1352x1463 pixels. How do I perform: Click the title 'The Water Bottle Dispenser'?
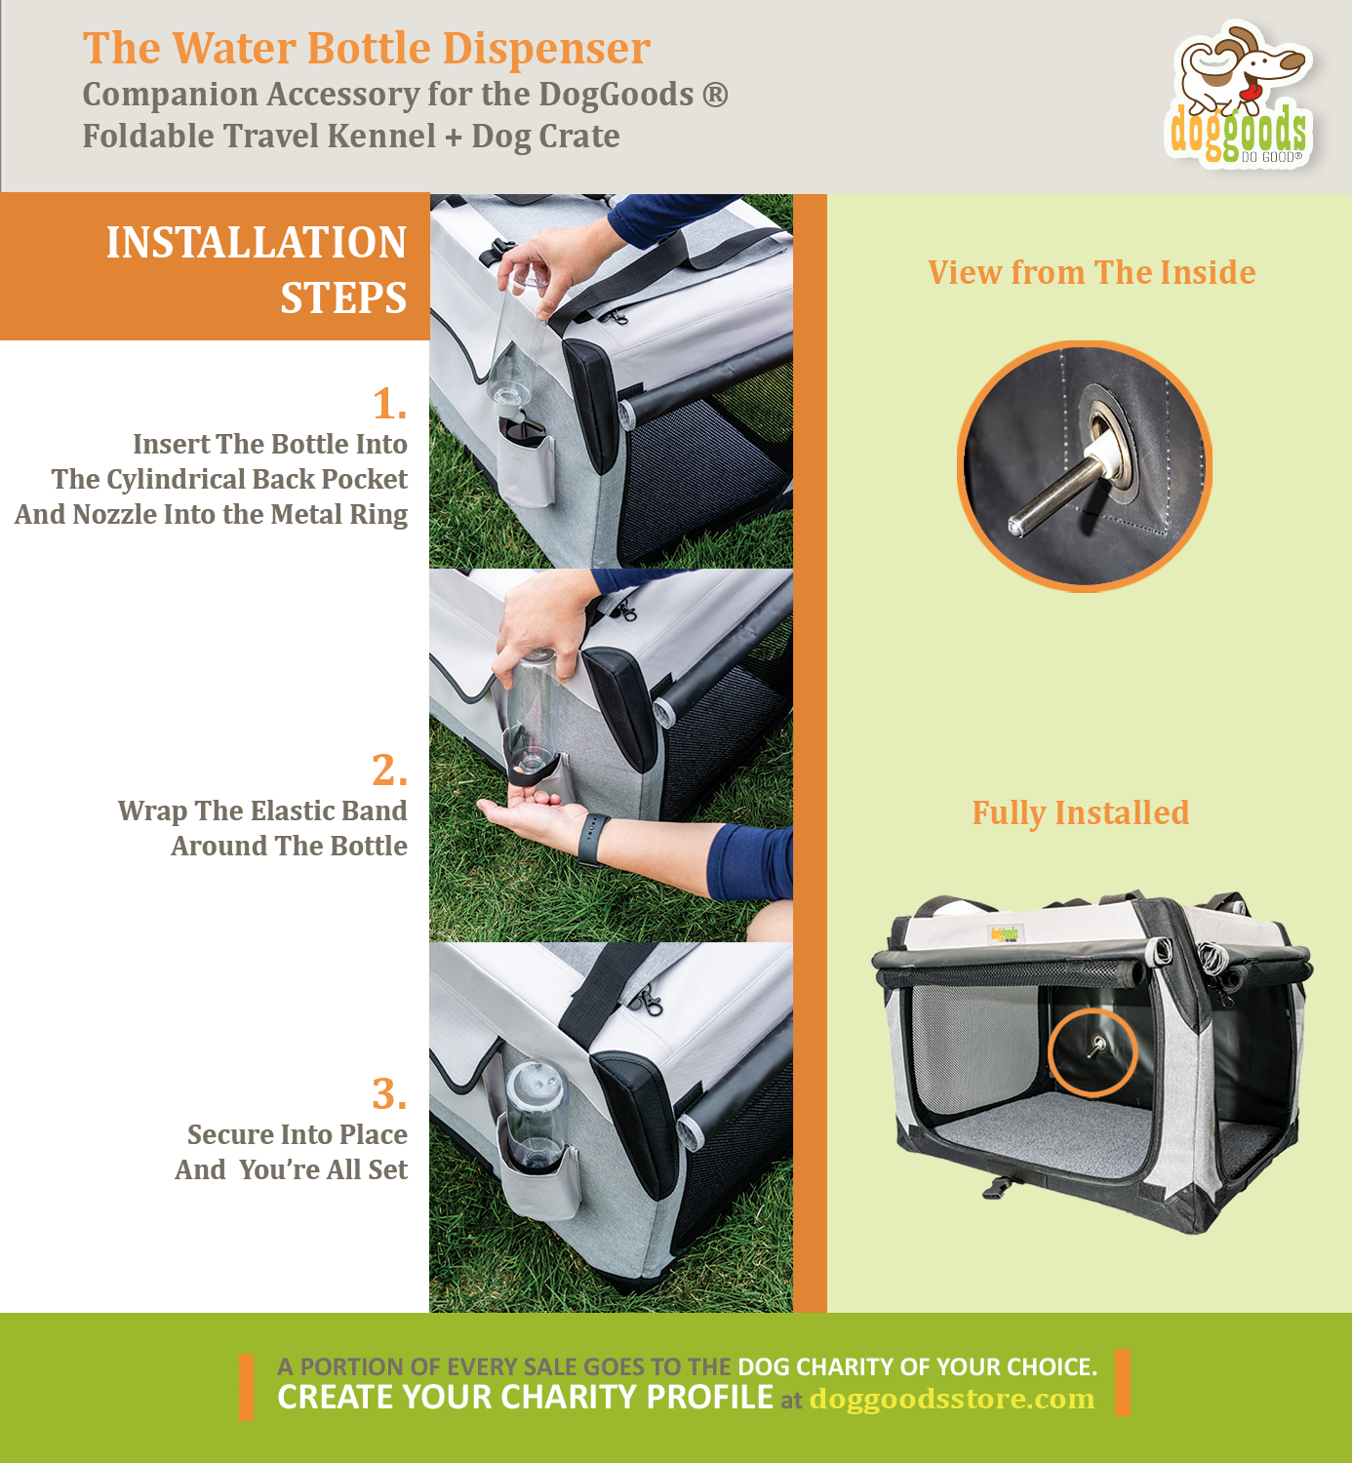click(366, 49)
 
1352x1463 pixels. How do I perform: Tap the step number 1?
click(388, 404)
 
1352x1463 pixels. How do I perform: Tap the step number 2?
click(388, 771)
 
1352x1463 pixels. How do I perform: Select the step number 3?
click(388, 1094)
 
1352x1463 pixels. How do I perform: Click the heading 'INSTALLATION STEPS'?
click(256, 269)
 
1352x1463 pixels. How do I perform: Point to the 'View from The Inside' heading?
click(1091, 272)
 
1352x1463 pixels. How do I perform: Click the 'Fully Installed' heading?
click(1080, 812)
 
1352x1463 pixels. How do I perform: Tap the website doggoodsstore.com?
click(951, 1399)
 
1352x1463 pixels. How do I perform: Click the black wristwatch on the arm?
click(592, 839)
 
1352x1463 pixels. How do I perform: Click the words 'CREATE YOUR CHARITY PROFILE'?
click(525, 1398)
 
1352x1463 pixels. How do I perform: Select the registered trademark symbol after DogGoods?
click(715, 96)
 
